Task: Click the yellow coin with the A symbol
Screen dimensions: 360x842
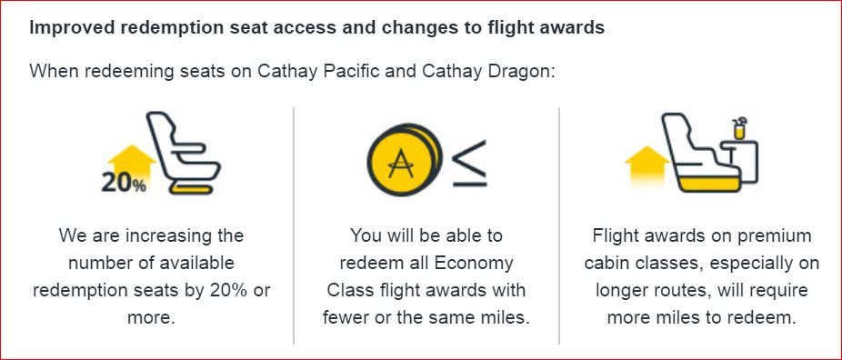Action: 400,163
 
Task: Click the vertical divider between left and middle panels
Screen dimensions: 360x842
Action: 294,225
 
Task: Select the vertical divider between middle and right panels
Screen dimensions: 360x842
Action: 559,225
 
